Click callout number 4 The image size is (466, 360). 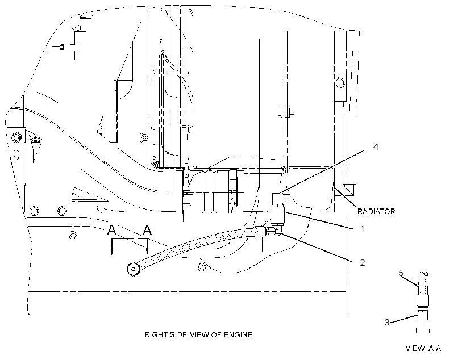click(x=376, y=146)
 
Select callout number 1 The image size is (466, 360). click(x=362, y=228)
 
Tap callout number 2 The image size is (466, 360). click(x=362, y=262)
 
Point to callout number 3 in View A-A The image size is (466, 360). click(x=387, y=323)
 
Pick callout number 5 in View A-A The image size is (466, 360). click(x=401, y=273)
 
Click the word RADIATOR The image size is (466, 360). click(x=376, y=211)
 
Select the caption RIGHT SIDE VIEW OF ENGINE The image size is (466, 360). click(x=198, y=335)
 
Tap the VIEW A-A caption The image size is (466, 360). click(x=423, y=348)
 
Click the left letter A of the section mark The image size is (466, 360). click(x=111, y=230)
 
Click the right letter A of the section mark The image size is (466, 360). click(x=147, y=230)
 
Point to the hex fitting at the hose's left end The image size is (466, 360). click(x=133, y=269)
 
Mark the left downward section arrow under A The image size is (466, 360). click(x=112, y=246)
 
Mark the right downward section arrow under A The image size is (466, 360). click(x=147, y=246)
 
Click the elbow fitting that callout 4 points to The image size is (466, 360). click(x=281, y=198)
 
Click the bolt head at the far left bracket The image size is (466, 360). click(x=16, y=137)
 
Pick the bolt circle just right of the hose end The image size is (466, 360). click(x=202, y=267)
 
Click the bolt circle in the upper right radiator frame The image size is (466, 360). click(x=340, y=81)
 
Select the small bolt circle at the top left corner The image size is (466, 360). click(x=78, y=28)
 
